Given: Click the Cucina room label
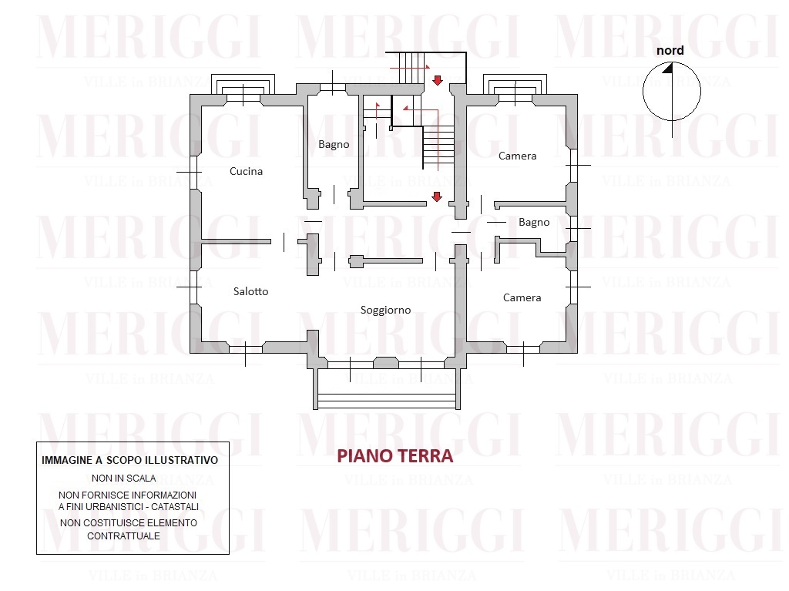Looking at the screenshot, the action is [246, 171].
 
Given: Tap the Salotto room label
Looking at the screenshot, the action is [250, 291].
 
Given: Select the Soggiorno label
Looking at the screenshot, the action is [385, 310].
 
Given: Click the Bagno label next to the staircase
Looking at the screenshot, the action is [334, 145].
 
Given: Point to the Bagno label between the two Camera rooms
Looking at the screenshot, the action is [534, 223].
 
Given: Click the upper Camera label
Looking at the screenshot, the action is [517, 156].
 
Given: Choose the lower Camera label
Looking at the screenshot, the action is [522, 297].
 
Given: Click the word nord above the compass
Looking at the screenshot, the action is [670, 50].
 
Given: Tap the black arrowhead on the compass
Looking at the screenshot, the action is [668, 68].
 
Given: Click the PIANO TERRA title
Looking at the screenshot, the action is [395, 456].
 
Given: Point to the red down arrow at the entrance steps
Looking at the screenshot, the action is [438, 80].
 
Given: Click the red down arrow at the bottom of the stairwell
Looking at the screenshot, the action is [437, 196].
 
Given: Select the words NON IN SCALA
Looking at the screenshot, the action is [124, 479].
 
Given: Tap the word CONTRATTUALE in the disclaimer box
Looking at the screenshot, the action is [124, 536].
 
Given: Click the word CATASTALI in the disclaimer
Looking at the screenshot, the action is [175, 507].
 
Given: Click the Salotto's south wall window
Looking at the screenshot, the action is [246, 348].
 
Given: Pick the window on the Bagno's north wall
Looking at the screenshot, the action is [333, 89].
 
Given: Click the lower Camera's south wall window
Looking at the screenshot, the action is [523, 348].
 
